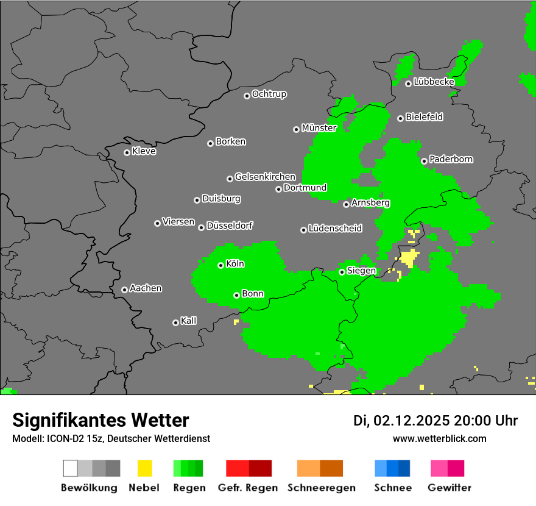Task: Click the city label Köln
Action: [235, 264]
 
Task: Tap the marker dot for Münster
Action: [296, 129]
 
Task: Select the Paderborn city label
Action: [451, 159]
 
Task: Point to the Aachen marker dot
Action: [124, 290]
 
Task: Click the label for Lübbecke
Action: [434, 82]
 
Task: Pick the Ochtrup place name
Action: [269, 94]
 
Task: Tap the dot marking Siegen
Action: [342, 272]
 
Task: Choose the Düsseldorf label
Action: [230, 226]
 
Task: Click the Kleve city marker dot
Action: [127, 152]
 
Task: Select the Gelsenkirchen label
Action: [265, 177]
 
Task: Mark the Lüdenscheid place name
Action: [335, 228]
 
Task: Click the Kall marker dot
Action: [175, 322]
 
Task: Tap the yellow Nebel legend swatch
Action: [144, 468]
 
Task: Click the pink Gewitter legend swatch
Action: [439, 468]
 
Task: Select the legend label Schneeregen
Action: [321, 488]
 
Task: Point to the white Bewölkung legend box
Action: [70, 468]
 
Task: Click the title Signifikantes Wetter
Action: [100, 420]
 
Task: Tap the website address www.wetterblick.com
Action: [439, 438]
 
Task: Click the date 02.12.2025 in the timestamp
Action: [412, 421]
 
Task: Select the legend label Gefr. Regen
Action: [248, 488]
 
